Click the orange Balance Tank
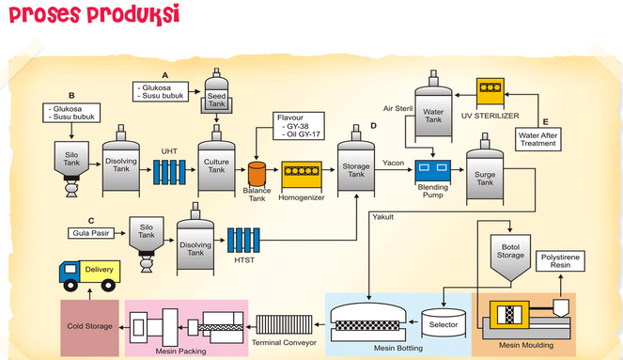257,174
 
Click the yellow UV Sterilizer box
491,92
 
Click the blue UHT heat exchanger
169,172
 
